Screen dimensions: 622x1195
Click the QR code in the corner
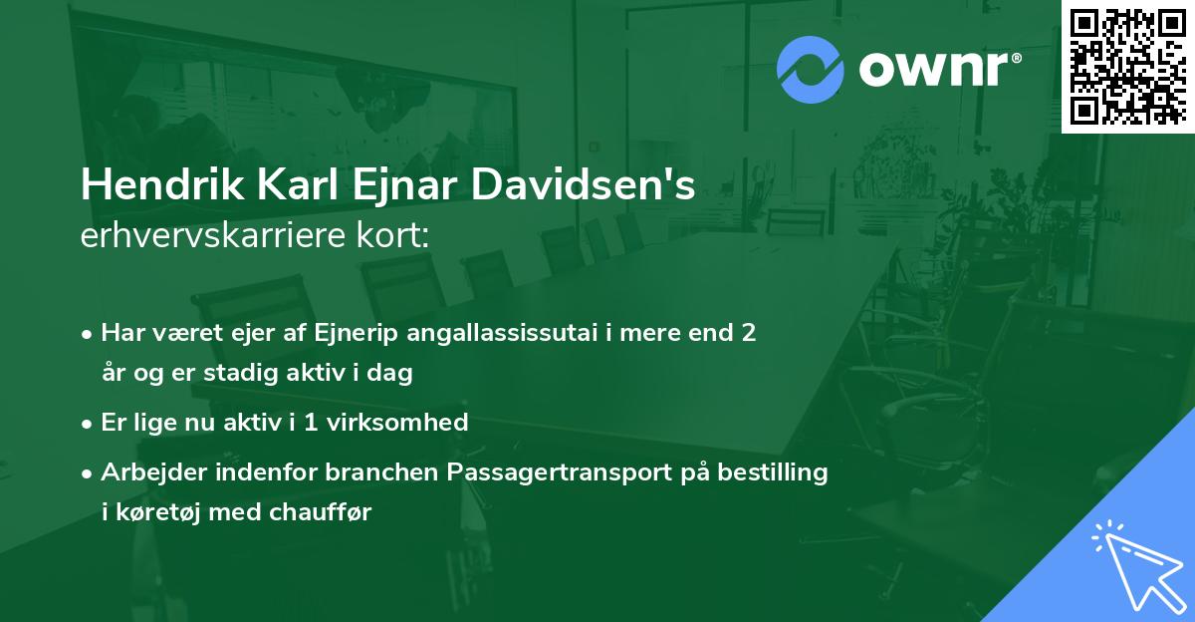[x=1127, y=66]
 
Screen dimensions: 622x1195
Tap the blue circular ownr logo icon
[x=811, y=69]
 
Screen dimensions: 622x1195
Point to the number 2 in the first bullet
[x=747, y=332]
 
